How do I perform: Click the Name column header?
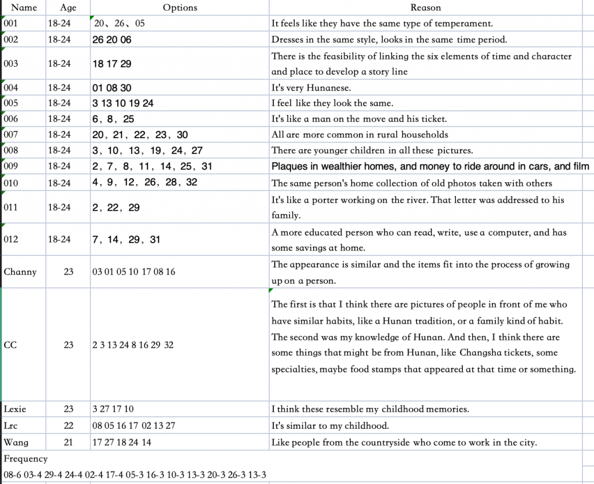(x=24, y=8)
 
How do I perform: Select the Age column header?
(x=68, y=8)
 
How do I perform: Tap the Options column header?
(x=180, y=8)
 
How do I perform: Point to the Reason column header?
(x=425, y=8)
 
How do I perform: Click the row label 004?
(x=11, y=88)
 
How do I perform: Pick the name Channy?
(x=20, y=272)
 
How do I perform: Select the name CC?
(x=10, y=345)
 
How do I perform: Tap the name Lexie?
(x=15, y=409)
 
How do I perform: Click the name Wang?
(x=16, y=442)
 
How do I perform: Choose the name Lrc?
(x=11, y=425)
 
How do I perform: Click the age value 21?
(x=68, y=442)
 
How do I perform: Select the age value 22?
(x=68, y=425)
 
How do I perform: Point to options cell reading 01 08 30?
(x=112, y=88)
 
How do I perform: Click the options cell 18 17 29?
(x=112, y=64)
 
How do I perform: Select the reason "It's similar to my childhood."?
(x=329, y=425)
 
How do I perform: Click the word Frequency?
(x=26, y=458)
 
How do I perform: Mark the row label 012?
(x=11, y=239)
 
